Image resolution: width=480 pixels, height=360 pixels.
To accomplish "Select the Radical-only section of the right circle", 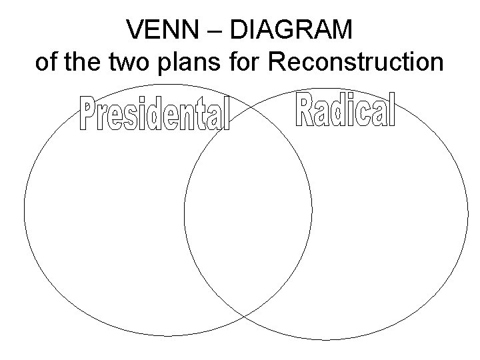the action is (x=393, y=220).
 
